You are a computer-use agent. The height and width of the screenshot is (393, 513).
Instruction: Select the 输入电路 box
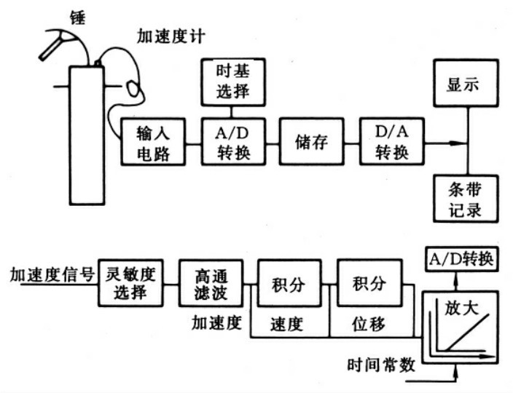152,142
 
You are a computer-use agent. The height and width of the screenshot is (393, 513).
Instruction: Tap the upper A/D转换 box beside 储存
232,142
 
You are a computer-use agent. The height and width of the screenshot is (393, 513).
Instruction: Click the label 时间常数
379,365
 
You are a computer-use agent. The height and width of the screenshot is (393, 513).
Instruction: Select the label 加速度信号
51,275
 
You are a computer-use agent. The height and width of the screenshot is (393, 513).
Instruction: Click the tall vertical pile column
88,135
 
